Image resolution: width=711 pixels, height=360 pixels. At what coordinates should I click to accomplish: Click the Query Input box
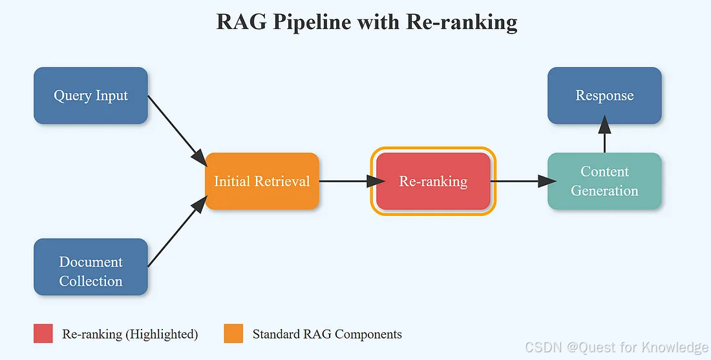tap(90, 96)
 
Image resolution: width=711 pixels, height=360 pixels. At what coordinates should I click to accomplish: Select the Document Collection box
tap(90, 267)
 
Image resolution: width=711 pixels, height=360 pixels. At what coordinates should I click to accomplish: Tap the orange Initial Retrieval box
tap(262, 181)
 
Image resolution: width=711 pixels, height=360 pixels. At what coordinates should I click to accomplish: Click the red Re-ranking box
tap(433, 181)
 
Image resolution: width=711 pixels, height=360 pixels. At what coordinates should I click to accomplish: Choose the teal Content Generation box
tap(604, 181)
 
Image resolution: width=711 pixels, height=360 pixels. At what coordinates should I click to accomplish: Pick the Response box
tap(604, 96)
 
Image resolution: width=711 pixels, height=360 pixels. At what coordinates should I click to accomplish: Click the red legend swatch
tap(43, 334)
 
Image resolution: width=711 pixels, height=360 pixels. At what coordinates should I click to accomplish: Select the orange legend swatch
tap(233, 334)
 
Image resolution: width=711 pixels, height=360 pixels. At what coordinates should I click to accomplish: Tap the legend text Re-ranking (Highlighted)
tap(130, 334)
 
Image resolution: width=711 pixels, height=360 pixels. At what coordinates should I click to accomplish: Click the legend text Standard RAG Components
tap(327, 334)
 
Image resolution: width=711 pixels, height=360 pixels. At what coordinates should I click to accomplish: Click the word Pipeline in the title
tap(312, 22)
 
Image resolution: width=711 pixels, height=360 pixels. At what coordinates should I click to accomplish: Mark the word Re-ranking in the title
tap(462, 22)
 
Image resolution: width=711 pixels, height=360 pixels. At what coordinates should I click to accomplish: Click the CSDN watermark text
tap(617, 348)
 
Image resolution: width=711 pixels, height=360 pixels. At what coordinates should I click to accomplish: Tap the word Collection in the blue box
tap(90, 281)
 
